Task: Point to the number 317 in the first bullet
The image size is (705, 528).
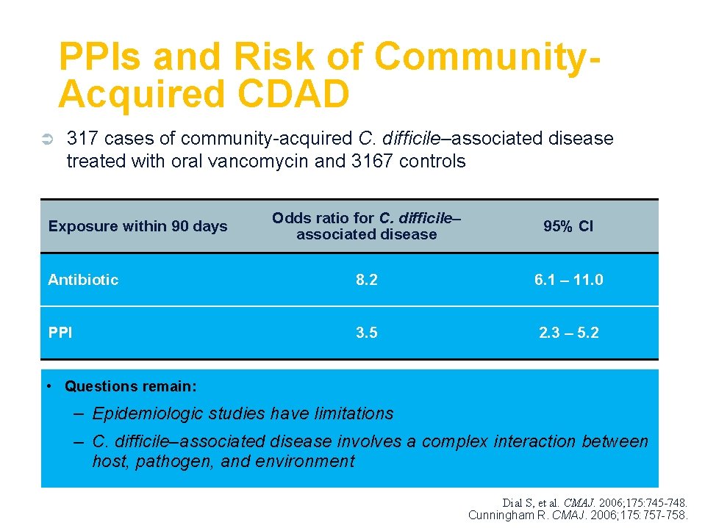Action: (x=80, y=139)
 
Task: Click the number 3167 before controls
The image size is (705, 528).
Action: (x=374, y=162)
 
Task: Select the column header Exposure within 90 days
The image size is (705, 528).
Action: (x=137, y=226)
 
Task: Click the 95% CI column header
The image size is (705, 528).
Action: (x=568, y=226)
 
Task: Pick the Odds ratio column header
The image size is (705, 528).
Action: (x=366, y=226)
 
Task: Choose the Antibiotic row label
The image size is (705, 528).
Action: (x=83, y=280)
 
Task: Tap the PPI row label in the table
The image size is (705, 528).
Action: (x=60, y=333)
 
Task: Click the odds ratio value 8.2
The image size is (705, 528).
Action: (x=366, y=280)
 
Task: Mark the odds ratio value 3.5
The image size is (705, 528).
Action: (x=366, y=333)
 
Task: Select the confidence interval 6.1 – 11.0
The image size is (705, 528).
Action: (x=568, y=280)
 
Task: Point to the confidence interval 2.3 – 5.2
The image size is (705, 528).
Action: (x=568, y=333)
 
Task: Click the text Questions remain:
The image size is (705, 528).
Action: (x=130, y=386)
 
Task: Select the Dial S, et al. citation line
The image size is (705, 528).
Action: (x=595, y=503)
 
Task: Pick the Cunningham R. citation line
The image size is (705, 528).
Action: (x=578, y=516)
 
